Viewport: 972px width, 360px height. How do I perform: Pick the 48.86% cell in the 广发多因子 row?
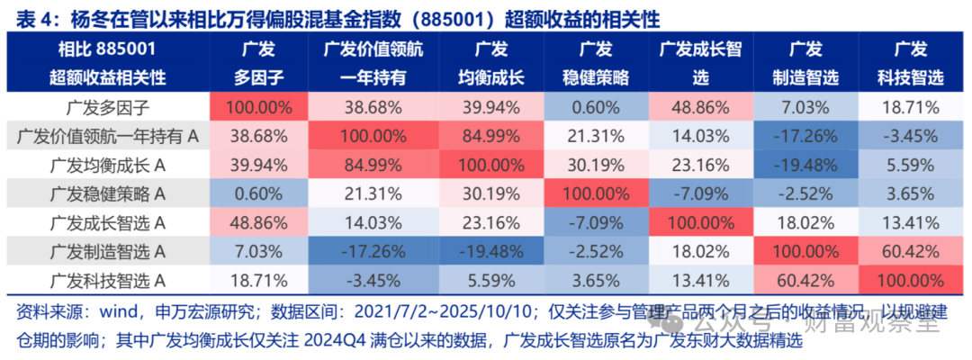pos(700,106)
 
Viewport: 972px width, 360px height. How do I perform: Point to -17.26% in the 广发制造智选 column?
pos(802,135)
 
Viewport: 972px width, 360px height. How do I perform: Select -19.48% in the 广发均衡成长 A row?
pos(802,164)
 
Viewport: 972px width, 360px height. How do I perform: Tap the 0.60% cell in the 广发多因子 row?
pos(589,106)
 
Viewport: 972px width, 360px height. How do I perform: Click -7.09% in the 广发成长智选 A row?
pos(589,222)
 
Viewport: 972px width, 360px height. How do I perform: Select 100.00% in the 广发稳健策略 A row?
pos(589,193)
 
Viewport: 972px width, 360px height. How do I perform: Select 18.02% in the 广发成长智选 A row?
pos(802,222)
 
